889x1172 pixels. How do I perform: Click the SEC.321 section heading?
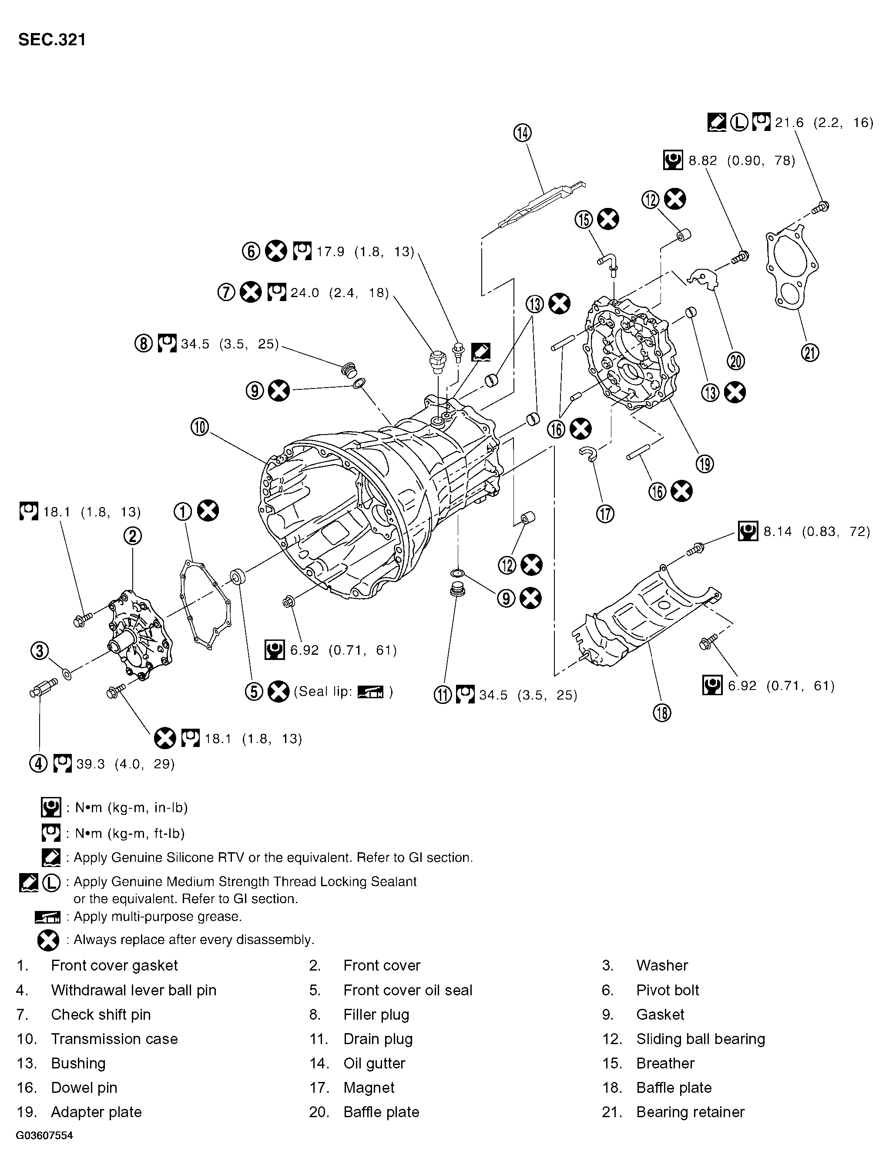52,40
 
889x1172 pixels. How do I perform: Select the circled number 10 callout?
200,427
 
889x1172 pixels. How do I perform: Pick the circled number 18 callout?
663,713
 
